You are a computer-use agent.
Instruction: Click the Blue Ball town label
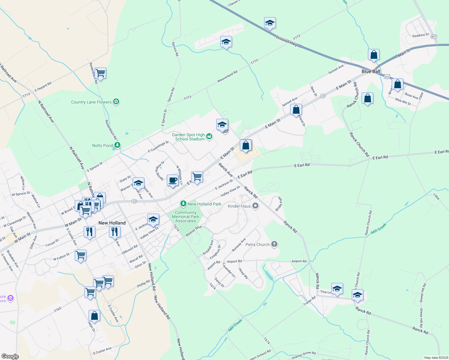click(x=371, y=71)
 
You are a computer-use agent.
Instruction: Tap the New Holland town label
click(x=112, y=223)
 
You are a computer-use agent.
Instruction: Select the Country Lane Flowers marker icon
click(x=116, y=102)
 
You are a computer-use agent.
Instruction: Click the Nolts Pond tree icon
click(x=117, y=145)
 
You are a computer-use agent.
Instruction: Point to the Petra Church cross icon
click(x=274, y=244)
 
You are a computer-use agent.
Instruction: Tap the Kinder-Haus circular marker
click(x=255, y=206)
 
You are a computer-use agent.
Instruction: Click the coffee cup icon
click(x=173, y=180)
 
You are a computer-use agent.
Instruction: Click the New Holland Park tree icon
click(x=183, y=204)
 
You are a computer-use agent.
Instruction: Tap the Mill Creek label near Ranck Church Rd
click(x=378, y=229)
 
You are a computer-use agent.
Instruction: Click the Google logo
click(x=10, y=356)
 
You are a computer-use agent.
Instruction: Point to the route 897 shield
click(x=434, y=37)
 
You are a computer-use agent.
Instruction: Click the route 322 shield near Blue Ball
click(x=387, y=77)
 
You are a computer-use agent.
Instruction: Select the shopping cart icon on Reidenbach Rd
click(x=100, y=73)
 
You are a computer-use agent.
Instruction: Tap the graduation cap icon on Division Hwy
click(x=270, y=23)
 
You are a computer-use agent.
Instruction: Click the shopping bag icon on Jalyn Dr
click(x=94, y=316)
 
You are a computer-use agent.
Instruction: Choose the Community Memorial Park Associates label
click(x=185, y=217)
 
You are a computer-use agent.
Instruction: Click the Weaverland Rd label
click(x=227, y=76)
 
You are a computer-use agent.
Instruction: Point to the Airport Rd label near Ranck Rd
click(x=299, y=261)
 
